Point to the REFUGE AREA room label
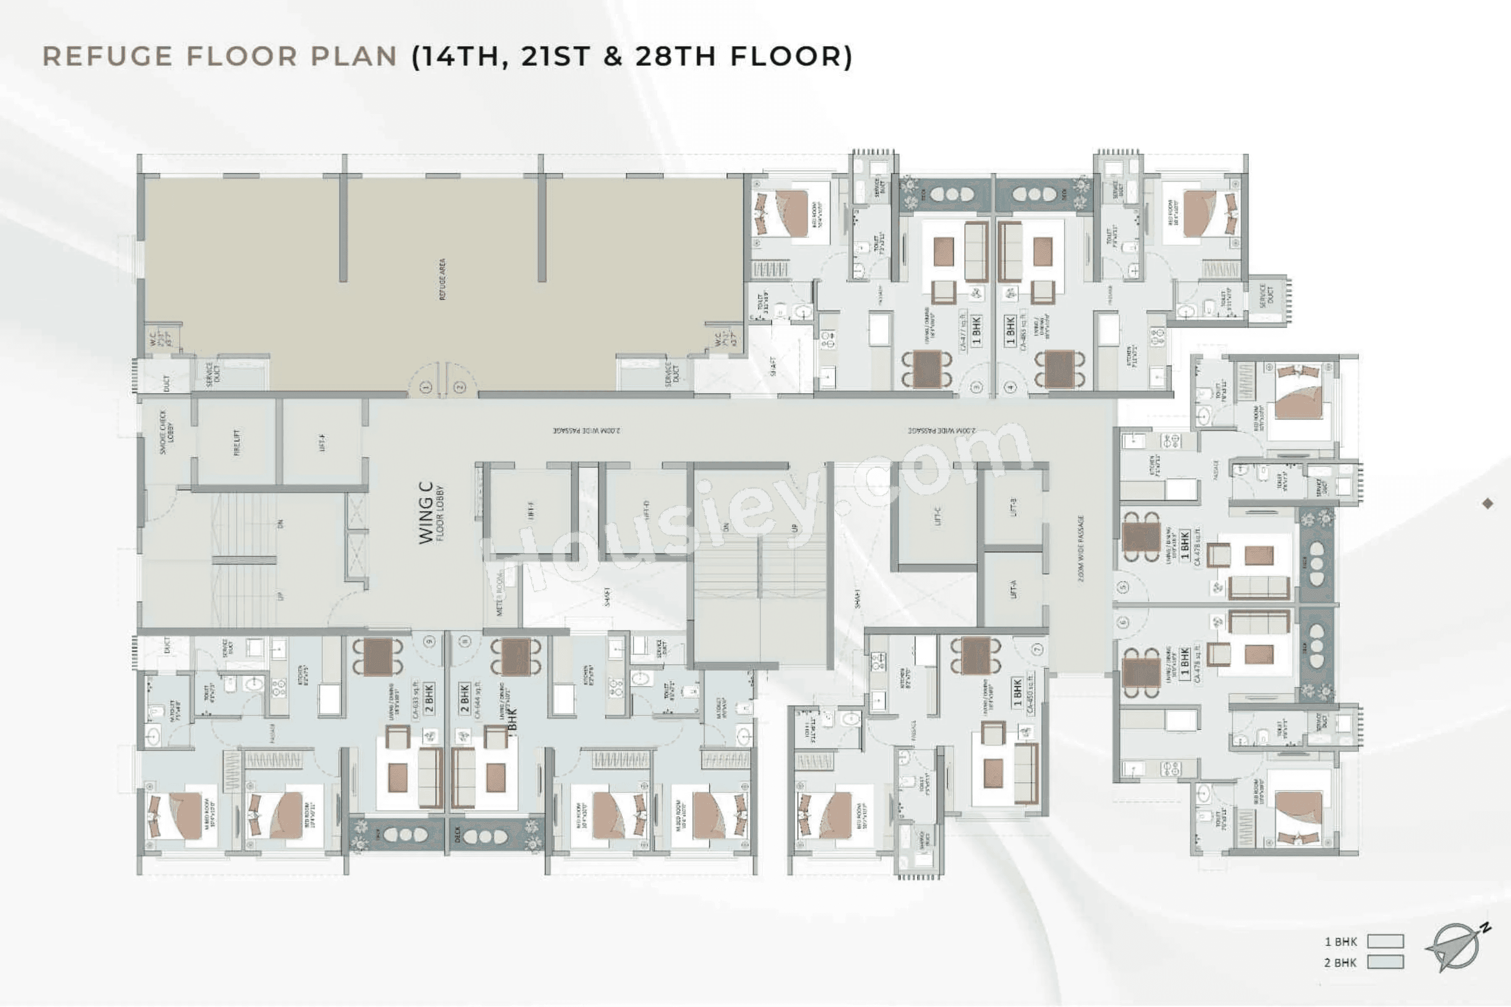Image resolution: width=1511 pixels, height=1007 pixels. click(442, 279)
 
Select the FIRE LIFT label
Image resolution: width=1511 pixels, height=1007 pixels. click(236, 442)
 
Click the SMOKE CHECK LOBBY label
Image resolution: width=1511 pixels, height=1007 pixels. click(166, 432)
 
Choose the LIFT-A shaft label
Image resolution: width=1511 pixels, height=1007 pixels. click(1013, 589)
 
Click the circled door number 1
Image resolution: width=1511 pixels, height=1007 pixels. click(425, 387)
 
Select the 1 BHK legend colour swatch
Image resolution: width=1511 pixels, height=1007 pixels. click(1385, 942)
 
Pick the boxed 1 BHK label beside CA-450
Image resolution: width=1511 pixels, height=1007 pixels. click(1017, 692)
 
